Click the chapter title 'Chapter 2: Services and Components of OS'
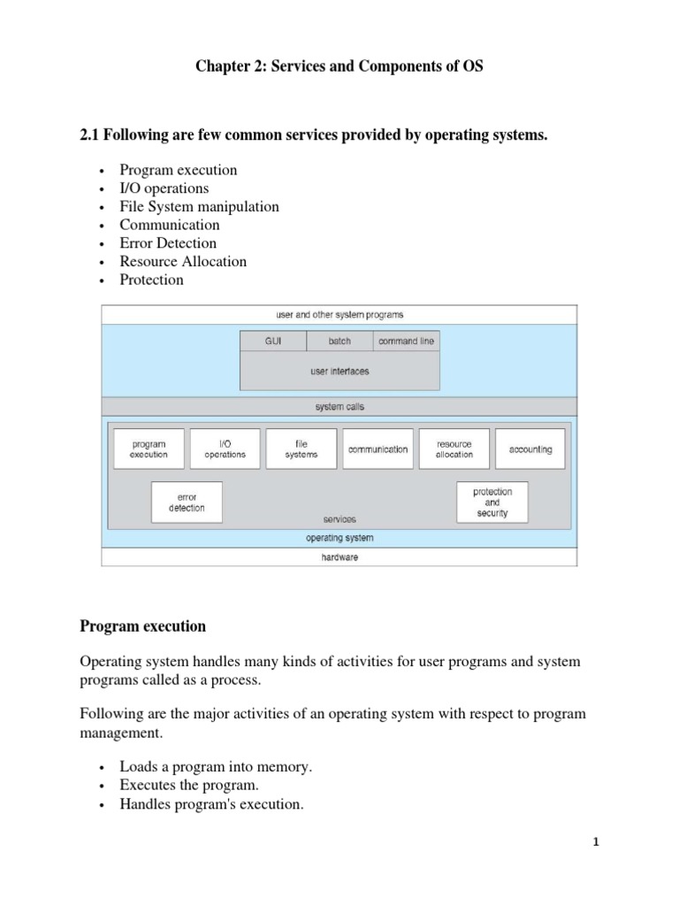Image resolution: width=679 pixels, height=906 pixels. (x=339, y=67)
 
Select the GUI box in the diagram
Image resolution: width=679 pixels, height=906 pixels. (x=273, y=342)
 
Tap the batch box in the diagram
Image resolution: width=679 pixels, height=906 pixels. (x=339, y=342)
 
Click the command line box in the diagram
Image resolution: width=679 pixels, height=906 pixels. (x=406, y=342)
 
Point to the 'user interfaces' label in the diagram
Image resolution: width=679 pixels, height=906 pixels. (x=339, y=372)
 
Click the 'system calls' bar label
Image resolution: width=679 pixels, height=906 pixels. (x=339, y=407)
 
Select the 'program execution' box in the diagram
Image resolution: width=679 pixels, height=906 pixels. (x=149, y=449)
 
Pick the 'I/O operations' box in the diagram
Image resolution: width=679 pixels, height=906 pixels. (x=225, y=449)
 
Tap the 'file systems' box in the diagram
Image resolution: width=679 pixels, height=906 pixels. (x=301, y=449)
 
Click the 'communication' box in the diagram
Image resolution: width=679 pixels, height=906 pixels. (x=378, y=449)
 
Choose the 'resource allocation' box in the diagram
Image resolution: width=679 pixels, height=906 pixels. (x=454, y=449)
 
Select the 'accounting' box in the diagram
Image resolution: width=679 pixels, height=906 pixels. (x=530, y=449)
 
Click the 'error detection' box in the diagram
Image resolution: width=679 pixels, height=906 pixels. (x=187, y=503)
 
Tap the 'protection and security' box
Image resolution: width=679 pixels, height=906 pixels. (x=492, y=503)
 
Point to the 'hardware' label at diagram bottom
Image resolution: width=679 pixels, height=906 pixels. (x=339, y=558)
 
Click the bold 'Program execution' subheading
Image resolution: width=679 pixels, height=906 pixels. (x=142, y=626)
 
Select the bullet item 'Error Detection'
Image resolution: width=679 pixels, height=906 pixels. (x=168, y=243)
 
